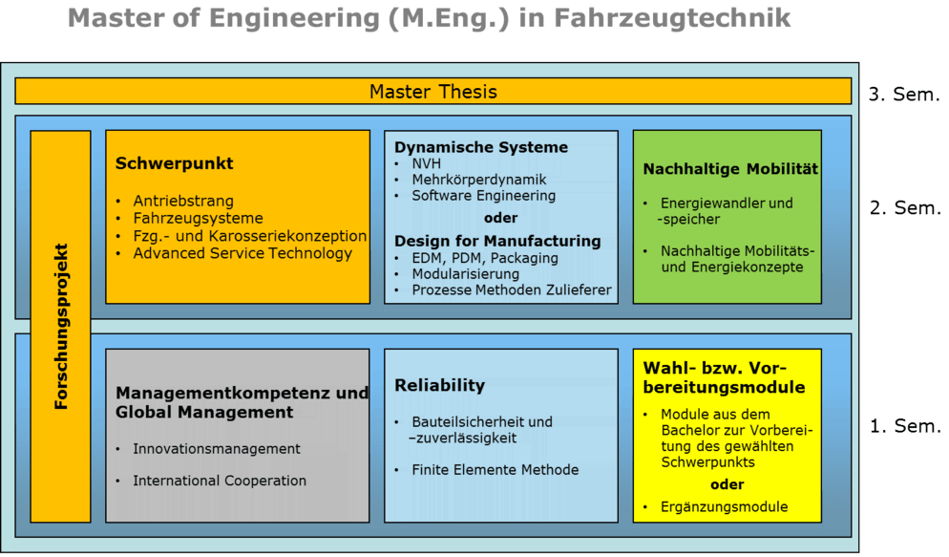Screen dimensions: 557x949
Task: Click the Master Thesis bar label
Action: point(432,93)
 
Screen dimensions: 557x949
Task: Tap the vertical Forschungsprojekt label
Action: point(61,327)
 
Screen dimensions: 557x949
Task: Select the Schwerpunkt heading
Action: point(175,163)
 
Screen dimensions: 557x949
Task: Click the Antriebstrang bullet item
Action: point(183,202)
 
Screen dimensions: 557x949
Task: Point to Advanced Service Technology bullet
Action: point(243,253)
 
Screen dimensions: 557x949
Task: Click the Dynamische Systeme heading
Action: point(481,147)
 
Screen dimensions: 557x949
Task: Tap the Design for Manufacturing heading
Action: point(497,241)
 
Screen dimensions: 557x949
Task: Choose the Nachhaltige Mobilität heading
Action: point(730,169)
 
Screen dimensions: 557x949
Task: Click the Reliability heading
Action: point(440,385)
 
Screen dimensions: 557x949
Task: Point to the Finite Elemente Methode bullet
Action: point(495,469)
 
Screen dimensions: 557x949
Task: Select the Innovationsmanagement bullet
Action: point(217,449)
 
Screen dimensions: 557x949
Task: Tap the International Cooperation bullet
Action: point(220,481)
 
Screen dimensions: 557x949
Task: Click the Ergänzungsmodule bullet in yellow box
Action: point(725,506)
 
